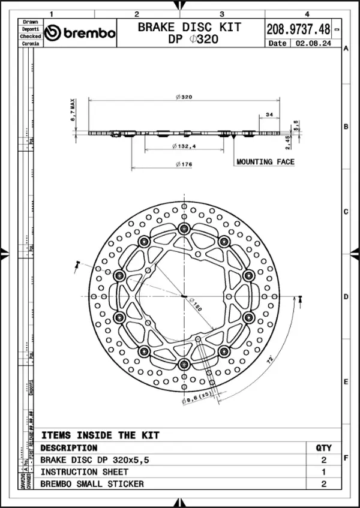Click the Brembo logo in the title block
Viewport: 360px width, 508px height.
(x=80, y=33)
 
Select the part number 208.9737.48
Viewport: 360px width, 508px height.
(x=298, y=28)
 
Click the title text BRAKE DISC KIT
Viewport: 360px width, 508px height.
(x=190, y=27)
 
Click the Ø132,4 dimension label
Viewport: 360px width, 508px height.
(x=184, y=146)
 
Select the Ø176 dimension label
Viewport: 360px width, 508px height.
(x=184, y=165)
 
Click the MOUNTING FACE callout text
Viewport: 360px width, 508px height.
(x=265, y=162)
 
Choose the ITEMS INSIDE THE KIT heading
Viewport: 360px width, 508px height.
(x=100, y=435)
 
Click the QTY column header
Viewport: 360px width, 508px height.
(x=323, y=447)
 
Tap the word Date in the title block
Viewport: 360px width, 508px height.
(x=278, y=43)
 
